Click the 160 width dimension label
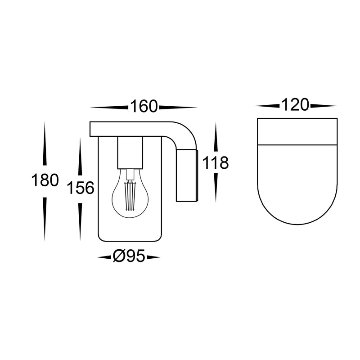click(x=144, y=106)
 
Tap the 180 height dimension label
click(x=45, y=180)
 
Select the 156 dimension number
click(x=81, y=188)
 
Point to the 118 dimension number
click(x=216, y=163)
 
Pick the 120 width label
click(x=295, y=105)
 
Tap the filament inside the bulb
click(x=130, y=195)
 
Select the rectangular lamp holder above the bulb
click(x=130, y=153)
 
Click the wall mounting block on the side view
click(x=186, y=175)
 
